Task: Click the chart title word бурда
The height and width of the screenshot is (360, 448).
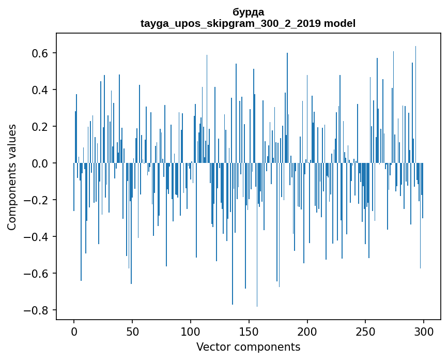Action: pos(248,12)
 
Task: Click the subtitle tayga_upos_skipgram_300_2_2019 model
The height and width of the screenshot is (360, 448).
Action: pos(248,23)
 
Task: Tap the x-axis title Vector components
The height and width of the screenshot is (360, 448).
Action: pos(248,347)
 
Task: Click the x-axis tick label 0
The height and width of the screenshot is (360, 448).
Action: pos(74,331)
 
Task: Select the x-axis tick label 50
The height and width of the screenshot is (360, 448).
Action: pos(132,331)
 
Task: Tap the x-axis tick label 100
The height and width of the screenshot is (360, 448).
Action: pos(191,331)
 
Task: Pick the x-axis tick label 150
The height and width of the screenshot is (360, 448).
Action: pos(249,331)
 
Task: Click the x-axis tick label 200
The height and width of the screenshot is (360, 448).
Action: pos(307,331)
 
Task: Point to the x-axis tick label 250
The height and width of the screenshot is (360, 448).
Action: pos(365,331)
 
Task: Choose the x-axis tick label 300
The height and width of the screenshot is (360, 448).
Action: pos(424,331)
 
